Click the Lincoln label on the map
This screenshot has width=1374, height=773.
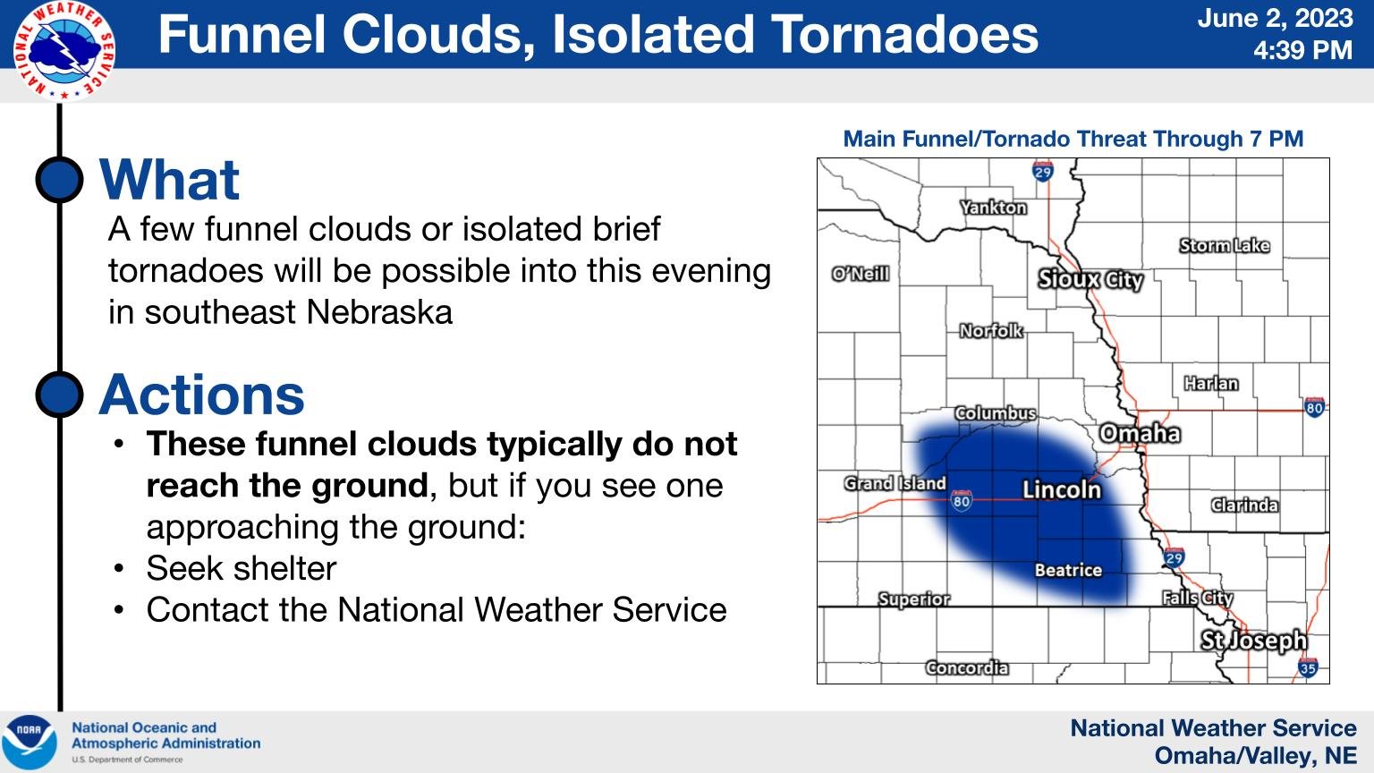tap(1062, 489)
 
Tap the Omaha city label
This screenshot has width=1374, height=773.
tap(1140, 434)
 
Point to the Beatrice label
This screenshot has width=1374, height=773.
tap(1068, 570)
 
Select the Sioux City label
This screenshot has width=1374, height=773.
tap(1090, 280)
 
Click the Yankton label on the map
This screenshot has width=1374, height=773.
tap(993, 208)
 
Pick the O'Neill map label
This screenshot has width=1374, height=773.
tap(861, 274)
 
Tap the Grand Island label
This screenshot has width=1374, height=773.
tap(895, 484)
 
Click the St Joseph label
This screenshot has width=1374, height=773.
tap(1253, 641)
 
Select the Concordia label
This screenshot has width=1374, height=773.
tap(967, 667)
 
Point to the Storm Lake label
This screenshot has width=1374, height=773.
tap(1224, 245)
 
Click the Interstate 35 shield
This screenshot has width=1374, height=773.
tap(1308, 667)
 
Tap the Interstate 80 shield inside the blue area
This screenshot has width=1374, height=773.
tap(962, 500)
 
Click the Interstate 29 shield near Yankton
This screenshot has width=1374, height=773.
tap(1043, 171)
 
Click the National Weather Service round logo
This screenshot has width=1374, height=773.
tap(64, 50)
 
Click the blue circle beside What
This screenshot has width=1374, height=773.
tap(60, 179)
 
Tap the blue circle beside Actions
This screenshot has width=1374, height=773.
tap(60, 394)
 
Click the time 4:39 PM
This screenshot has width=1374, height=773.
tap(1302, 50)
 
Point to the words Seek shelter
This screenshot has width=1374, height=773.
tap(242, 568)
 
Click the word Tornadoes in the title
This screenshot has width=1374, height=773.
tap(903, 34)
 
